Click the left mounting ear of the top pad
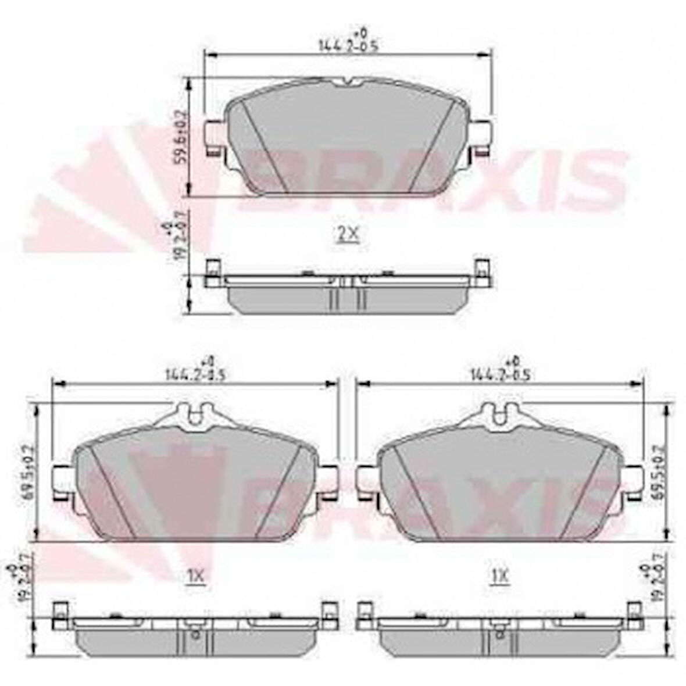click(x=214, y=137)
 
